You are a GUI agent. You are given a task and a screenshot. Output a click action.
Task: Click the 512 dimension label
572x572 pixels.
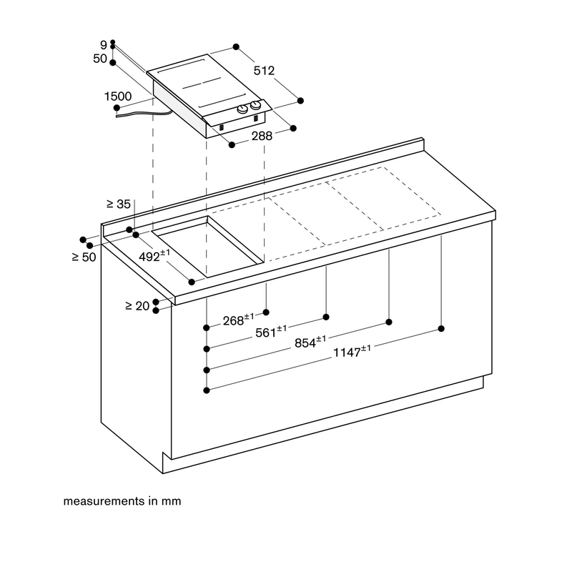(264, 70)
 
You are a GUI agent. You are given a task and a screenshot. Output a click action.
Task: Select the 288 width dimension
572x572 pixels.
(262, 136)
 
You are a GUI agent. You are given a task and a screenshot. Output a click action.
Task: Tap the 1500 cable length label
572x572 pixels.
(118, 97)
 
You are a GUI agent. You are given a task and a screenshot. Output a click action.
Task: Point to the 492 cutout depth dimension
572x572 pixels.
(154, 256)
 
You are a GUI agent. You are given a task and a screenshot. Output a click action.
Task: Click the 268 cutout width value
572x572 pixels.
(238, 320)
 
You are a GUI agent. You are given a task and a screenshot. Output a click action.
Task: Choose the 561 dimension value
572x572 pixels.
(271, 332)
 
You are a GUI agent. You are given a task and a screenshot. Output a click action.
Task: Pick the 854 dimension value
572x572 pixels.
(310, 342)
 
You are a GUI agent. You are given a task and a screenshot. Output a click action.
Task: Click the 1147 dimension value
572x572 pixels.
(352, 351)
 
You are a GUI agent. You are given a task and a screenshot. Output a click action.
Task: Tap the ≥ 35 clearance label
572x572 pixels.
(119, 204)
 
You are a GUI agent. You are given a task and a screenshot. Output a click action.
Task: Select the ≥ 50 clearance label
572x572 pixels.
(84, 257)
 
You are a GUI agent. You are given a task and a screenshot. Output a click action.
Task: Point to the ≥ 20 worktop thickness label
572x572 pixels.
(137, 306)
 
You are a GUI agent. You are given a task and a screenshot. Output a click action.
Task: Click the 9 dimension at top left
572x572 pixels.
(104, 45)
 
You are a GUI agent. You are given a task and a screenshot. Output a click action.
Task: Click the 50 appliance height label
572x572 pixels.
(100, 59)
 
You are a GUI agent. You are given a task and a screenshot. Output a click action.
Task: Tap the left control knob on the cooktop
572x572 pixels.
(242, 109)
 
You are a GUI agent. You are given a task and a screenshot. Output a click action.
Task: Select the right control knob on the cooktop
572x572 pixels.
(256, 106)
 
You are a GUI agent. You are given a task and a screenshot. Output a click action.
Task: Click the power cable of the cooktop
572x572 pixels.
(144, 114)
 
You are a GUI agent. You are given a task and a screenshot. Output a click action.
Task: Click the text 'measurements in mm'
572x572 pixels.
(122, 501)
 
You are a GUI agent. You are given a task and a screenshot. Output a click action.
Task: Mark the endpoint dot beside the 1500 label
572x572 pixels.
(117, 108)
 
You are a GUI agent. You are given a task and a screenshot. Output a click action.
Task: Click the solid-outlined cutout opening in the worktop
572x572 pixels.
(207, 246)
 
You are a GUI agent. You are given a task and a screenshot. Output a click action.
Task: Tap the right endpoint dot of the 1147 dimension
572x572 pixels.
(441, 329)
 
